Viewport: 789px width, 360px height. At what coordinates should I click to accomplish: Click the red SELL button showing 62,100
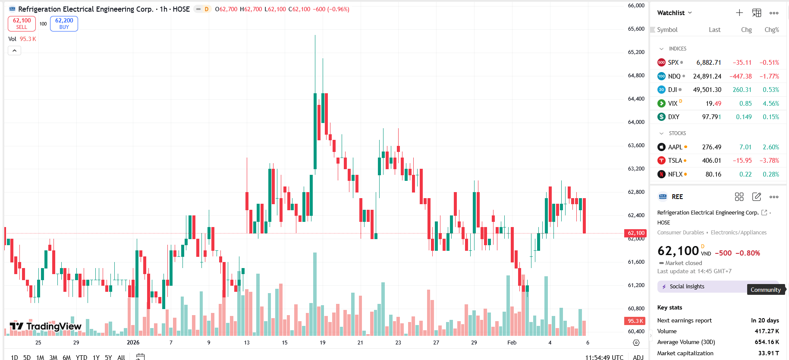click(22, 23)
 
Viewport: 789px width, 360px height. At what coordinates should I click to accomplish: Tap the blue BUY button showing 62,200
click(64, 23)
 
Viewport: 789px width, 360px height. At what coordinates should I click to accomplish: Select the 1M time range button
click(40, 357)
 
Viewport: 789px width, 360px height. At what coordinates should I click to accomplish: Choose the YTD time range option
click(81, 357)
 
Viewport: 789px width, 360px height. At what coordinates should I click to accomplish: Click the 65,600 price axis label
click(636, 29)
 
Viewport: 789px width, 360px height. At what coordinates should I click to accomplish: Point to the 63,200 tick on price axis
click(636, 169)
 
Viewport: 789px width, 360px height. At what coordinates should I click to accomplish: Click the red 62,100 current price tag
click(636, 233)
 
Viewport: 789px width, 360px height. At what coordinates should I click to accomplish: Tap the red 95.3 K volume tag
click(635, 321)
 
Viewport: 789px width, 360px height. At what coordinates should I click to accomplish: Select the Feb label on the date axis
click(512, 342)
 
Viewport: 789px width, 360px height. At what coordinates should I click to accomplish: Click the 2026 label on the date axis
click(133, 342)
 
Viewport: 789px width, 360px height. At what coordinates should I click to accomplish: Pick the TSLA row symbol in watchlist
click(675, 161)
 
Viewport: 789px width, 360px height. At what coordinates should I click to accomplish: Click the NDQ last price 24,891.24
click(707, 76)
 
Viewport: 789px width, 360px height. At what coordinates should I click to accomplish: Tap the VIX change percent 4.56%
click(770, 104)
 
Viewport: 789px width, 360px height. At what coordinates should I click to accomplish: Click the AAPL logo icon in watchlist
click(661, 147)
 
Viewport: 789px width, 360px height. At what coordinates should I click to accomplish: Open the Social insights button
click(687, 287)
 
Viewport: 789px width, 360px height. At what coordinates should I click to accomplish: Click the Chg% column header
click(771, 30)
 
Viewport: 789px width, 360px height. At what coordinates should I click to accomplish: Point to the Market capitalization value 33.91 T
click(768, 353)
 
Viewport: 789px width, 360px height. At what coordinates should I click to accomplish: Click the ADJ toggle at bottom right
click(638, 357)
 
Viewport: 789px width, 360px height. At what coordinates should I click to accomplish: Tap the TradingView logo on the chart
click(45, 326)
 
